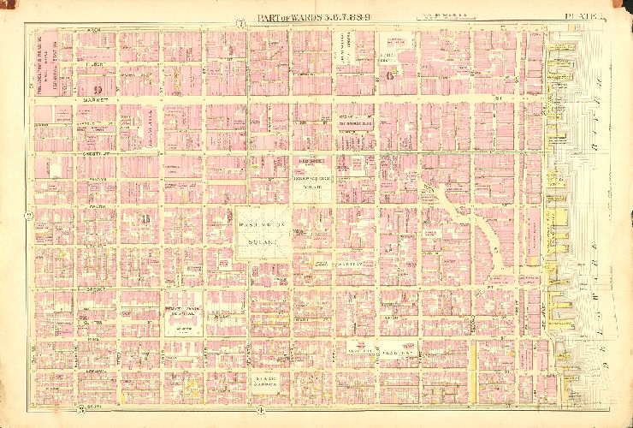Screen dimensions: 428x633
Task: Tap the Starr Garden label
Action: (x=269, y=379)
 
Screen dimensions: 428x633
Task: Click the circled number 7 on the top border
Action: (x=242, y=22)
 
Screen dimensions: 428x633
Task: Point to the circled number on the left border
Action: (x=31, y=214)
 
